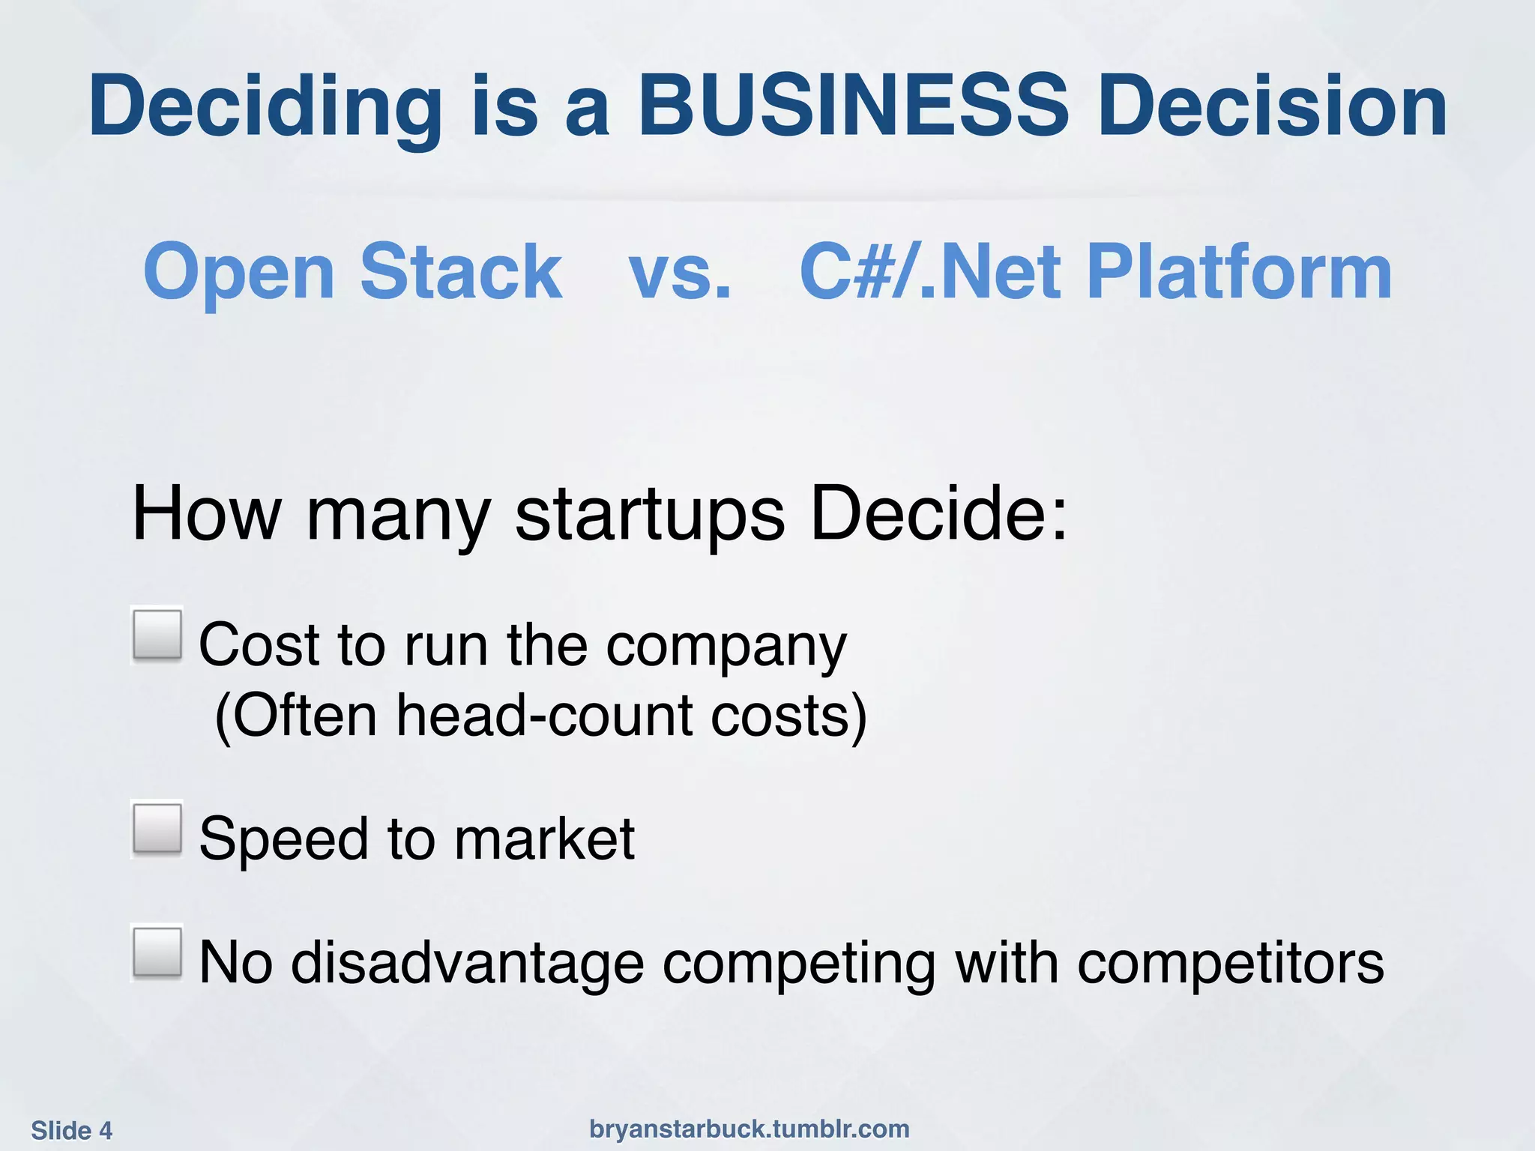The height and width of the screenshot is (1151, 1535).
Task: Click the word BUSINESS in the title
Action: click(x=852, y=106)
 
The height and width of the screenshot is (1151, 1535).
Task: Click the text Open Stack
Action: click(x=352, y=271)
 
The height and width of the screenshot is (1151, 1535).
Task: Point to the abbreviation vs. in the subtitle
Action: click(x=680, y=271)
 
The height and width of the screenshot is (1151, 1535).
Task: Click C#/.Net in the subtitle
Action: click(x=929, y=271)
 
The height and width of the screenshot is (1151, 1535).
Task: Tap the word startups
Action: click(x=650, y=514)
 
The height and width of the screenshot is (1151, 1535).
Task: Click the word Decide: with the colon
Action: click(x=938, y=514)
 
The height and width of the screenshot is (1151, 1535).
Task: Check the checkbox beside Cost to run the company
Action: click(x=157, y=635)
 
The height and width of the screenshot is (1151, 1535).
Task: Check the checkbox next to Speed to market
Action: click(x=157, y=829)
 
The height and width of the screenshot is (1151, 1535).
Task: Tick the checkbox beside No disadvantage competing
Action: click(x=157, y=952)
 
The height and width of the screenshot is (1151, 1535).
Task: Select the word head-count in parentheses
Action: click(x=544, y=715)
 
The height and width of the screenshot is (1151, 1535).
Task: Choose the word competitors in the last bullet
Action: click(x=1230, y=962)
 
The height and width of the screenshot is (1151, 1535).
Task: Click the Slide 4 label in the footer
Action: click(x=72, y=1130)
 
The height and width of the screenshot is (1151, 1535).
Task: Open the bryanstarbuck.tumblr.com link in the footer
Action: click(x=749, y=1129)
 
